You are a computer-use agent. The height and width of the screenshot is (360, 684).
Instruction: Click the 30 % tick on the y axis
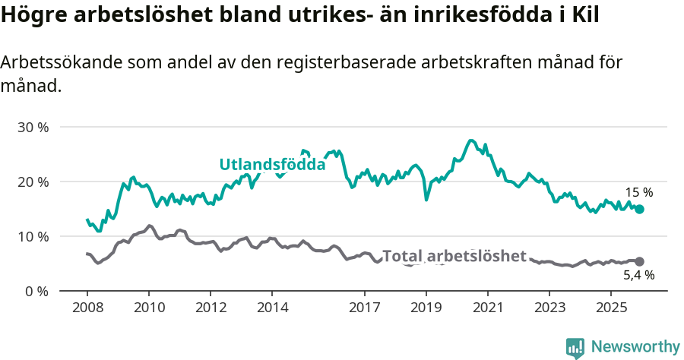[x=32, y=127]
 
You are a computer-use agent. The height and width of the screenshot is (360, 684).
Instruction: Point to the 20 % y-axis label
[x=32, y=182]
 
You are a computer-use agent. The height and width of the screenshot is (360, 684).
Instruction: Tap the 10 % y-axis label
[x=32, y=236]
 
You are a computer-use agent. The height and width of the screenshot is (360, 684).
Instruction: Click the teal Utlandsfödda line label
[x=272, y=164]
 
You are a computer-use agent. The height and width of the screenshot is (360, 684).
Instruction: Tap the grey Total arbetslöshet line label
[x=454, y=256]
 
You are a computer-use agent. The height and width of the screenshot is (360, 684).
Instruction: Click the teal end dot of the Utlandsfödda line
[x=639, y=209]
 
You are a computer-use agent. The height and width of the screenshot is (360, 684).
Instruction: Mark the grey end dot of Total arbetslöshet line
[x=639, y=261]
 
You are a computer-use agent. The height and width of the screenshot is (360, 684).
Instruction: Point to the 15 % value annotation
[x=638, y=193]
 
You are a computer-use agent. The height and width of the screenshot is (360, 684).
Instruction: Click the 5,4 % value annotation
[x=638, y=276]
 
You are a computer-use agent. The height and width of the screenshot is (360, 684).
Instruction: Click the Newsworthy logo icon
[x=575, y=348]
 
